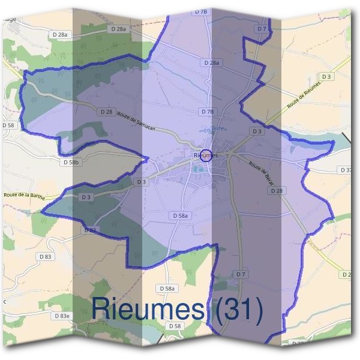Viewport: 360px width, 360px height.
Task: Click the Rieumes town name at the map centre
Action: pos(205,155)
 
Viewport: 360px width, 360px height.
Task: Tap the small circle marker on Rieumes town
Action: pos(206,155)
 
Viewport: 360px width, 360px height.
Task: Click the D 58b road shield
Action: pos(71,162)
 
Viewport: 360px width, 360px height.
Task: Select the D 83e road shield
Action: pos(61,316)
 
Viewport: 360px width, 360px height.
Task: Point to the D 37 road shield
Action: pos(347,170)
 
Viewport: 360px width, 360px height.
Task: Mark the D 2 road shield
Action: pos(346,274)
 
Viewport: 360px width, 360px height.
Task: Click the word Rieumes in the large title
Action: pos(150,309)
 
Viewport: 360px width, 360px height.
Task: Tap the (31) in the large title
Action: pos(237,309)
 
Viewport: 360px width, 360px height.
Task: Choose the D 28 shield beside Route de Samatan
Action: pos(106,112)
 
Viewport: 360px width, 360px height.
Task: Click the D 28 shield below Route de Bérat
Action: pos(276,190)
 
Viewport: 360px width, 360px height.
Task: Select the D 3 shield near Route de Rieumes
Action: pos(326,77)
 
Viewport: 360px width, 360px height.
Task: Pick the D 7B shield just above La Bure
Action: pos(207,112)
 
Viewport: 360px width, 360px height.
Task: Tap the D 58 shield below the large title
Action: pos(175,326)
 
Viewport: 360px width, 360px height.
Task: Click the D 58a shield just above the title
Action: pos(167,289)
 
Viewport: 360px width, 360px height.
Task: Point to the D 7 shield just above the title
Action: pos(241,274)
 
